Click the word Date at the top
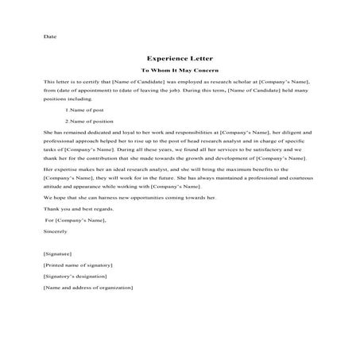tap(50, 37)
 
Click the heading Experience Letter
tap(179, 58)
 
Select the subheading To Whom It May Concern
tap(179, 70)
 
